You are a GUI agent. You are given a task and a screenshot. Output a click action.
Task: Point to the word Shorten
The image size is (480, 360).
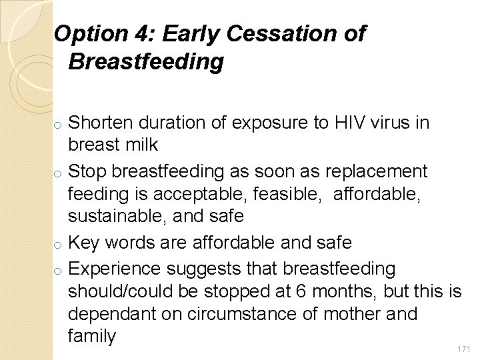(103, 123)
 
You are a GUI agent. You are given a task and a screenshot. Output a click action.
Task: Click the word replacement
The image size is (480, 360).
(371, 171)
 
